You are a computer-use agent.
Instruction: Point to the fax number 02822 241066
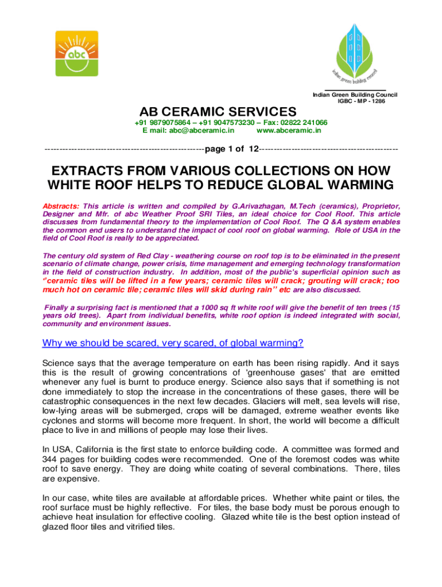pos(304,123)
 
